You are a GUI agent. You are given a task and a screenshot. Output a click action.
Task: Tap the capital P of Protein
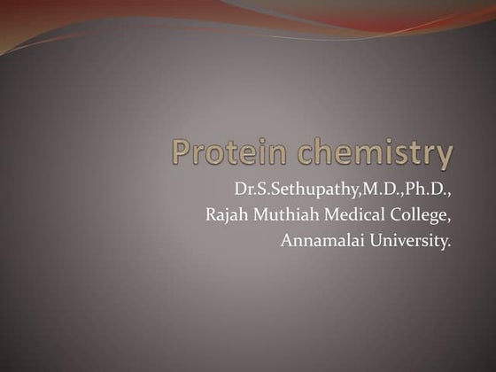(182, 151)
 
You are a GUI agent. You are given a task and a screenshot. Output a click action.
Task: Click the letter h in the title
(328, 151)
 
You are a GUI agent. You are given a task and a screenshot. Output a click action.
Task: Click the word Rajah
(228, 214)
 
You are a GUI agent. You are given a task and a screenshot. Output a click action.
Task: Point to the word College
(415, 214)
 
